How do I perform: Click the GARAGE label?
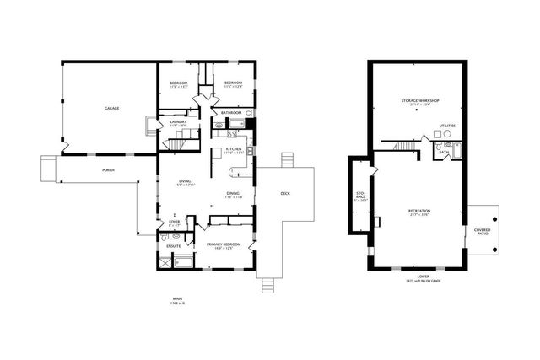click(x=111, y=109)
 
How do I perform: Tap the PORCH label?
click(x=108, y=170)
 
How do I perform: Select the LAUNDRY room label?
click(x=178, y=123)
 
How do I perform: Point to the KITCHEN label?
click(x=234, y=150)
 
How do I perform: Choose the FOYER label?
click(x=174, y=222)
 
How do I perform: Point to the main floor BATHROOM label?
click(x=232, y=112)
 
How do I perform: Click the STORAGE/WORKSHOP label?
click(x=420, y=100)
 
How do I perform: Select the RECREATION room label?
click(x=419, y=211)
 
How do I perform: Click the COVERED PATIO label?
click(x=482, y=231)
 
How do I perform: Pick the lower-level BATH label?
click(x=444, y=153)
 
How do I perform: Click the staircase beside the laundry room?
click(x=175, y=145)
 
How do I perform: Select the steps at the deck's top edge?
click(x=288, y=159)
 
